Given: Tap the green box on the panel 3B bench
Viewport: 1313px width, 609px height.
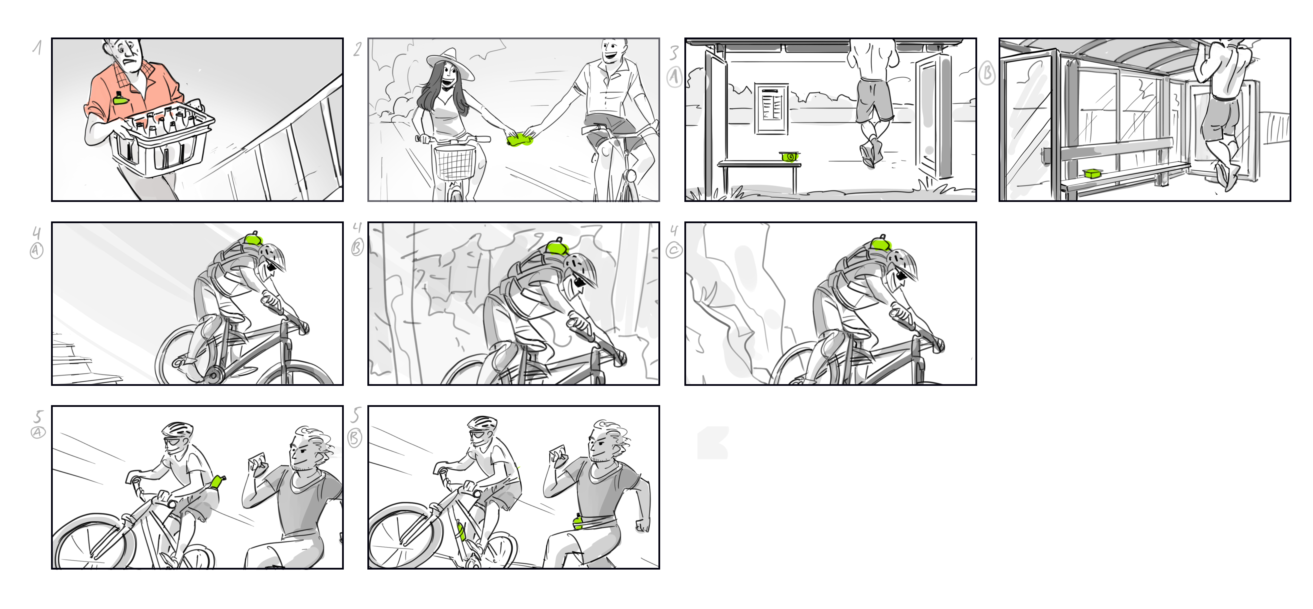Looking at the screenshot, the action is (1092, 173).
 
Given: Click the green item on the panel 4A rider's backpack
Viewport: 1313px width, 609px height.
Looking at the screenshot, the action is (254, 239).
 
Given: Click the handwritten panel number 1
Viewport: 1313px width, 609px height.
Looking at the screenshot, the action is (37, 47).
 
